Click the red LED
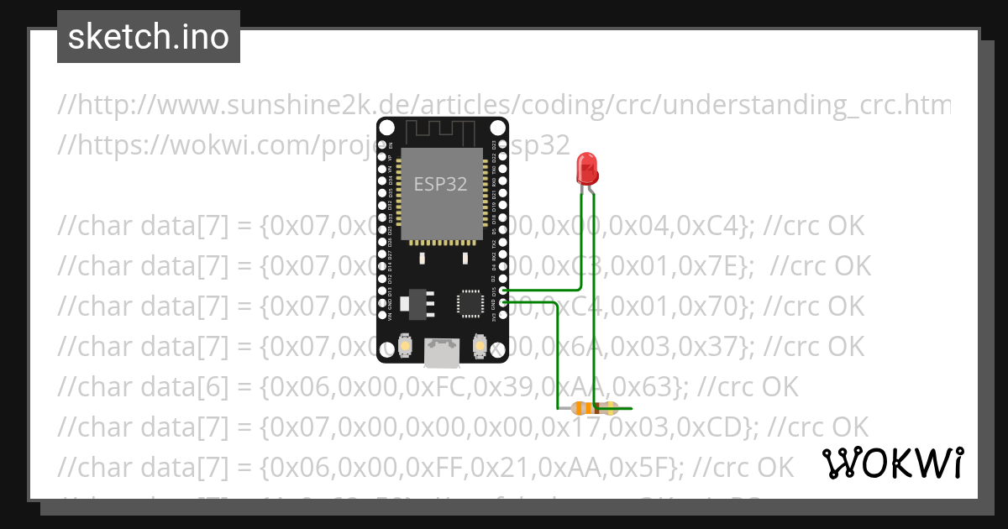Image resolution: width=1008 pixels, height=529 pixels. pos(587,169)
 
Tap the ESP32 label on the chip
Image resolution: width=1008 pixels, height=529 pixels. pos(440,184)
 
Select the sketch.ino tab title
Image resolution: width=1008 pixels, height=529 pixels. pos(149,37)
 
